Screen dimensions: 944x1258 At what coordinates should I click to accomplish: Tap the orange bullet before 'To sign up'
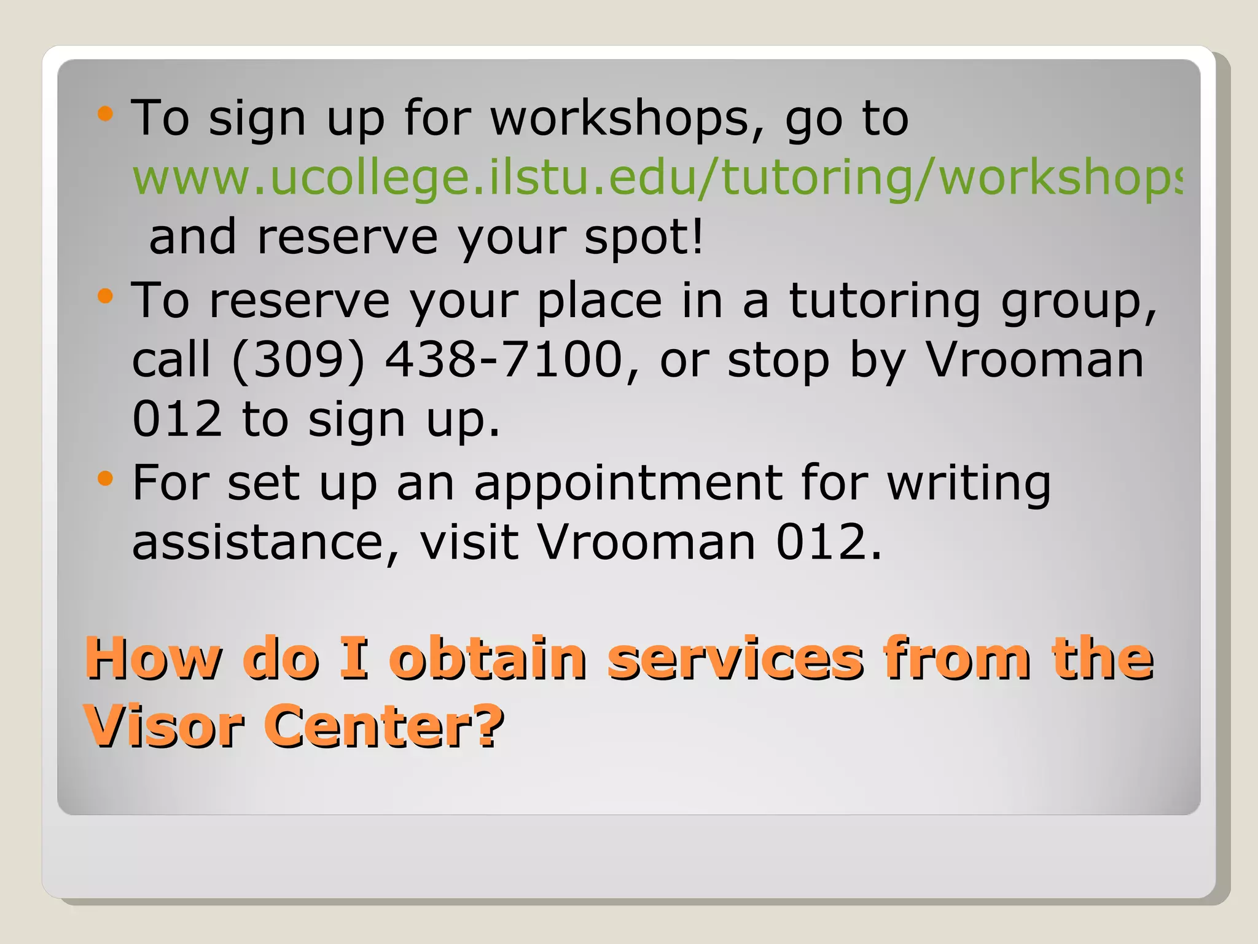point(106,114)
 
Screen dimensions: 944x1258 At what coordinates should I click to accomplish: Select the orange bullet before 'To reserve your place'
point(106,296)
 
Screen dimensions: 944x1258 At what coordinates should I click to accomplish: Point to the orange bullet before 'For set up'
point(106,478)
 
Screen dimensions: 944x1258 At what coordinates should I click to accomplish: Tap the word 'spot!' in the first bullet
point(644,237)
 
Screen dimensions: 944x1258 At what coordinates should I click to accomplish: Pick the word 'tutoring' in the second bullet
point(885,301)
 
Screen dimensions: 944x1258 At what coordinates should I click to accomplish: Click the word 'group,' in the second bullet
point(1079,302)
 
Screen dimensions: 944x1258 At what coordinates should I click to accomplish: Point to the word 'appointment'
point(627,484)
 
